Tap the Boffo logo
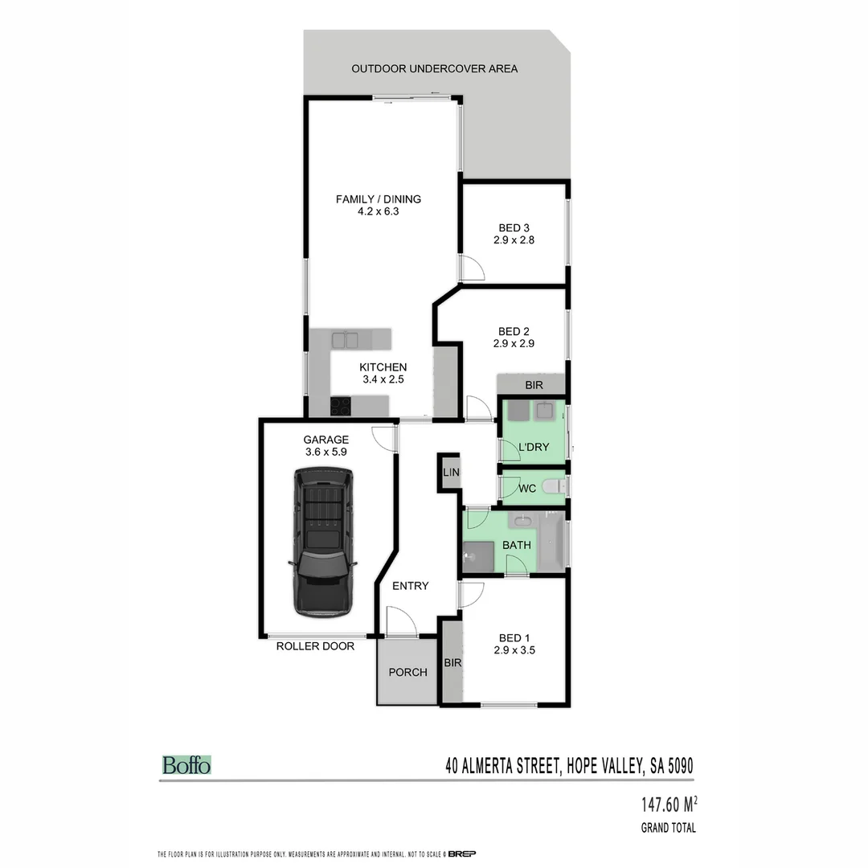186,765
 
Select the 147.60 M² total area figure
669,803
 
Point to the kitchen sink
346,340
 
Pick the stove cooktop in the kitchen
340,405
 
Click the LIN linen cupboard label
450,473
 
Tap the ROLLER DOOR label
315,646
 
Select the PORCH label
408,672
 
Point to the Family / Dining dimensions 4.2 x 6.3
379,212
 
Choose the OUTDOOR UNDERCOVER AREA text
434,68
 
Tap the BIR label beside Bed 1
452,663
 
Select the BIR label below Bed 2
534,386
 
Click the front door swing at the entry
400,621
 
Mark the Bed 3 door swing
471,268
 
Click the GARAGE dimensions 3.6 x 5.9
326,452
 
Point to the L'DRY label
534,447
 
